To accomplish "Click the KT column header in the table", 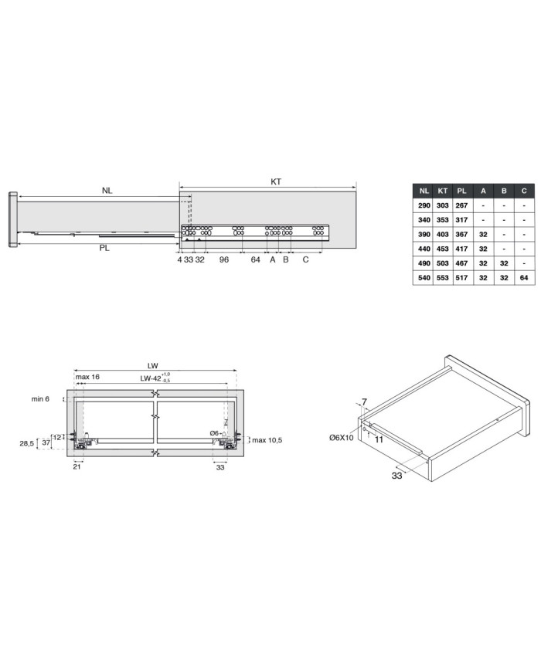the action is pyautogui.click(x=443, y=191).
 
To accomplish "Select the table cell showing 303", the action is pyautogui.click(x=443, y=205).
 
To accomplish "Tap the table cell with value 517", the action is pyautogui.click(x=461, y=278).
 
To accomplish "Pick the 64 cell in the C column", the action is pyautogui.click(x=524, y=278).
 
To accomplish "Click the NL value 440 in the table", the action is pyautogui.click(x=424, y=249).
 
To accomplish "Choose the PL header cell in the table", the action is pyautogui.click(x=461, y=191).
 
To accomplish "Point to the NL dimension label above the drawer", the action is pyautogui.click(x=107, y=191).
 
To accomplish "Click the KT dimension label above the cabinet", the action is pyautogui.click(x=276, y=182).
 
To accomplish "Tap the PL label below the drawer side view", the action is pyautogui.click(x=104, y=248).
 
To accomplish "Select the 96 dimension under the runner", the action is pyautogui.click(x=224, y=259).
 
